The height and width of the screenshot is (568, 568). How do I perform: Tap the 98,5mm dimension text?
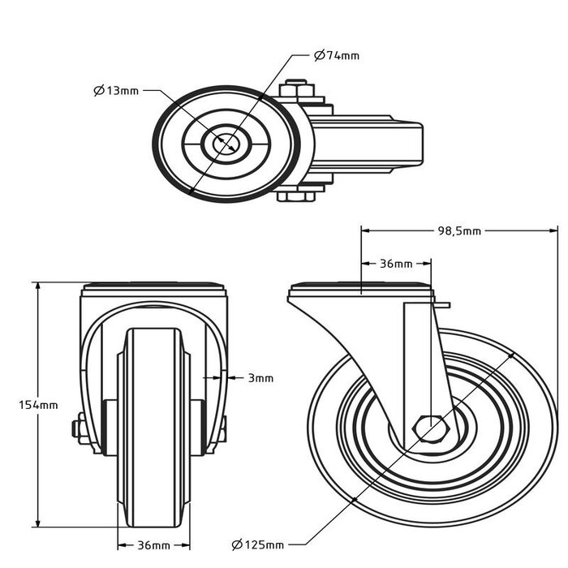(x=459, y=230)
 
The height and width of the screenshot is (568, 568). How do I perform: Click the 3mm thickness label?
(x=260, y=377)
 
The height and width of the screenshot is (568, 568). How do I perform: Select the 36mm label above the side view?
(x=396, y=264)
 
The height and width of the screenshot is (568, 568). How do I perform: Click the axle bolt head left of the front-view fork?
(x=80, y=428)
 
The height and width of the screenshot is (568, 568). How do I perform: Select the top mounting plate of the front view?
(x=153, y=288)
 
